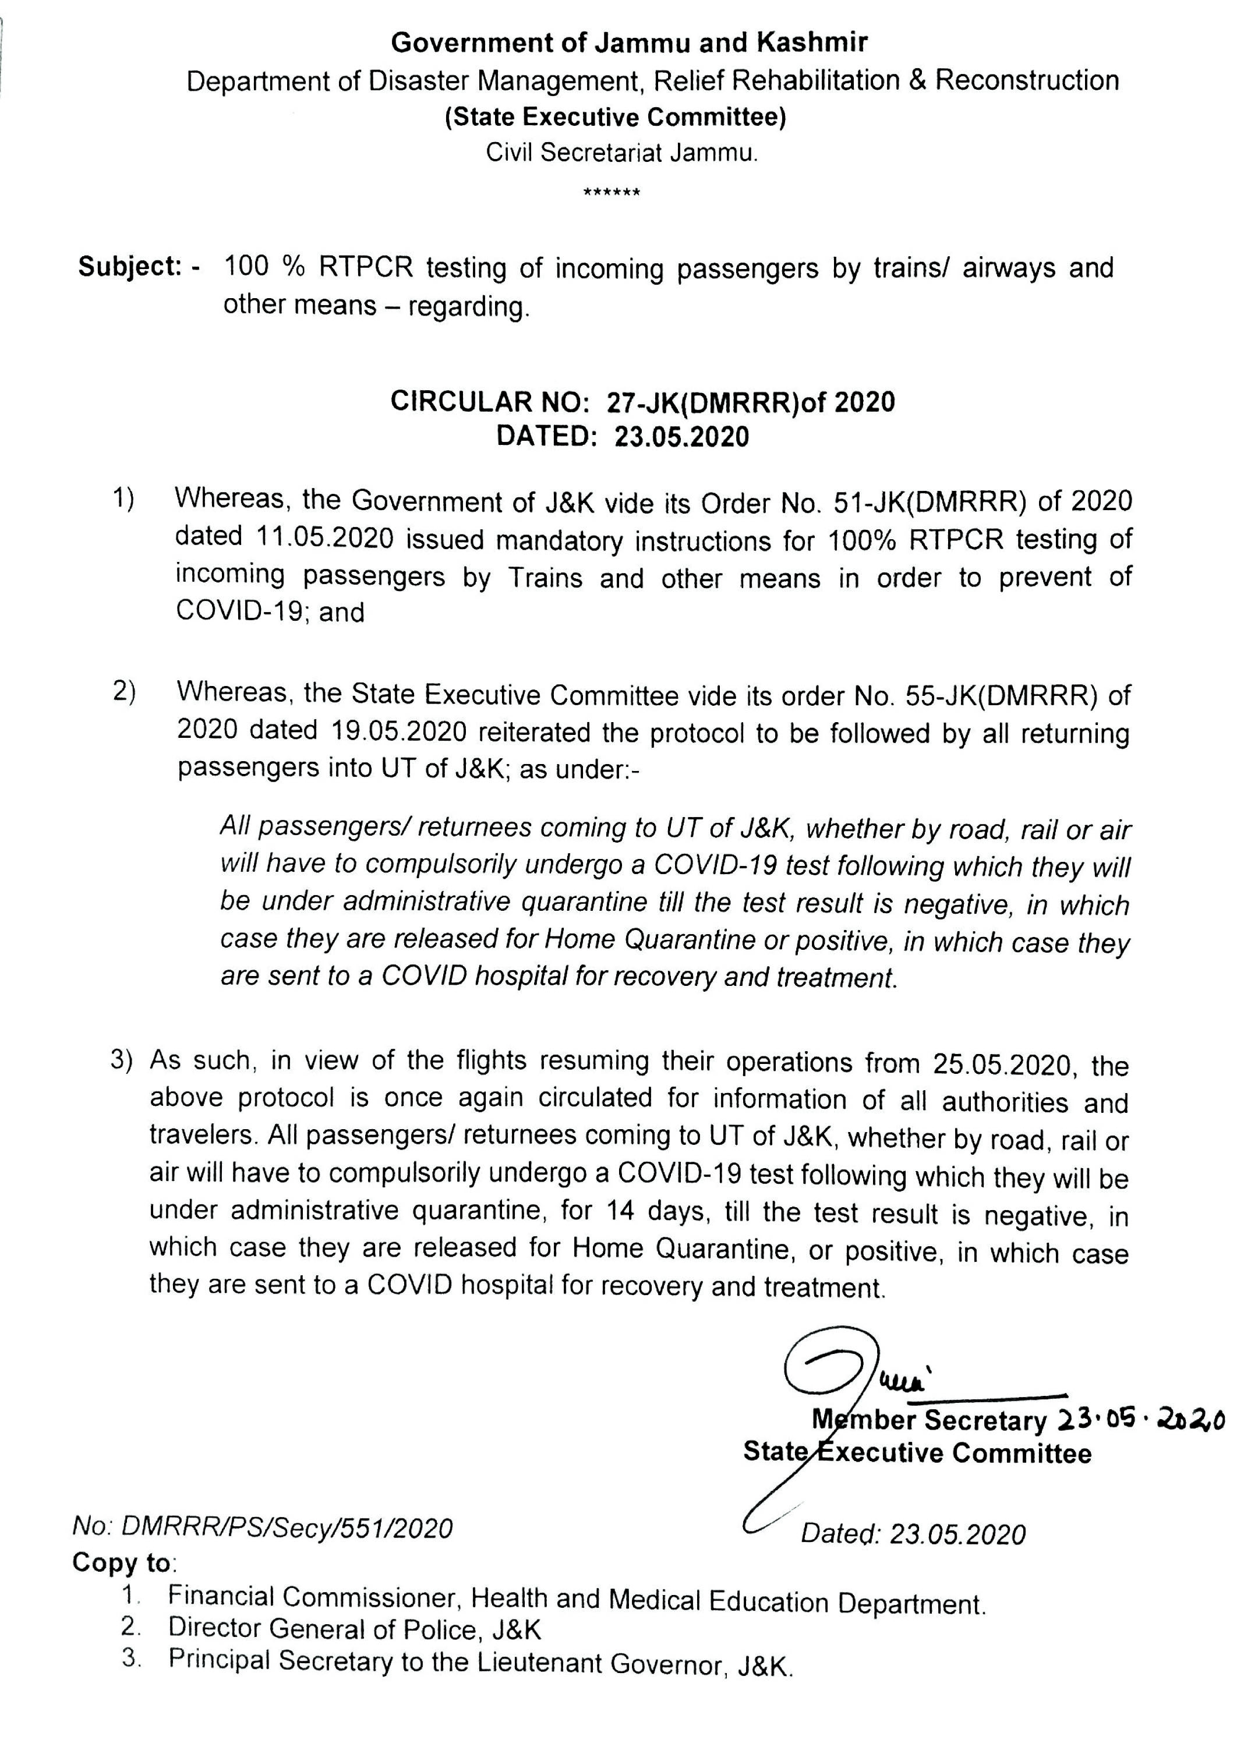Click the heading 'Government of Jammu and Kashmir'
(x=629, y=43)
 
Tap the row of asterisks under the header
(x=612, y=192)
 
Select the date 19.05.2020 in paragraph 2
(x=399, y=731)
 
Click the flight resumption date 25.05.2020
(x=1002, y=1065)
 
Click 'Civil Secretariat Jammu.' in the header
(x=622, y=153)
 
